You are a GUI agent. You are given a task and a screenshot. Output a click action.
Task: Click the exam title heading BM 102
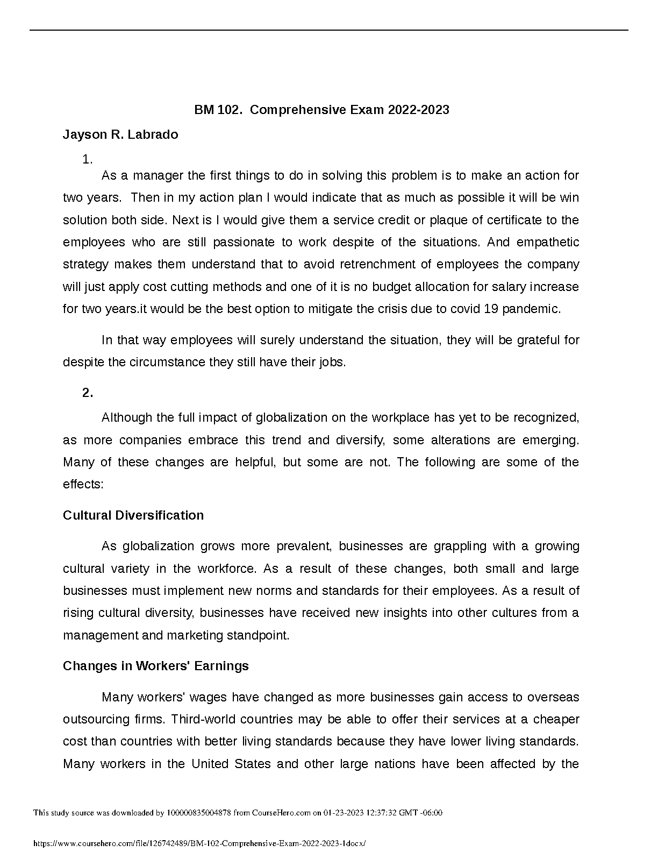321,110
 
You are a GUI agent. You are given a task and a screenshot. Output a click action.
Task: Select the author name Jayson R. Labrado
120,134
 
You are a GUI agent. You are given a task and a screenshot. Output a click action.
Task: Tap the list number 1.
88,159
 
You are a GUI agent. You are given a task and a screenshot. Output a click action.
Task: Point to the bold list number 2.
88,393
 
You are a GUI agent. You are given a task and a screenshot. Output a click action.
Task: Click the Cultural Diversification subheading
133,515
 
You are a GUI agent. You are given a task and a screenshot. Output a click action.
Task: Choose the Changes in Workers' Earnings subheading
156,666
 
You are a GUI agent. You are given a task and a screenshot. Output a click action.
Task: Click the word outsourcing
96,720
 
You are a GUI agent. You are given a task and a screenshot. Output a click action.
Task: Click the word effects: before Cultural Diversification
83,484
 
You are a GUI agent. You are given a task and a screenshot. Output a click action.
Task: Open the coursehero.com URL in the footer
199,844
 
